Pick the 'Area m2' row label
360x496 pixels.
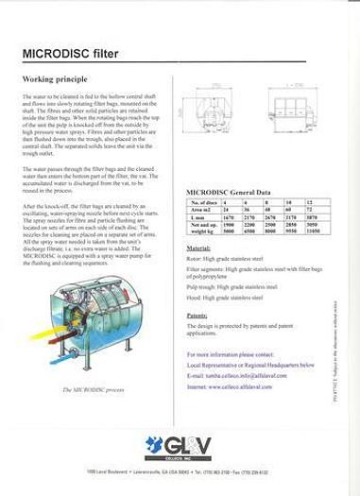click(200, 210)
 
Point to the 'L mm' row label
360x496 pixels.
click(197, 217)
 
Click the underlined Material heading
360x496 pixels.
click(198, 248)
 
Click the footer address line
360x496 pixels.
click(179, 470)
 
